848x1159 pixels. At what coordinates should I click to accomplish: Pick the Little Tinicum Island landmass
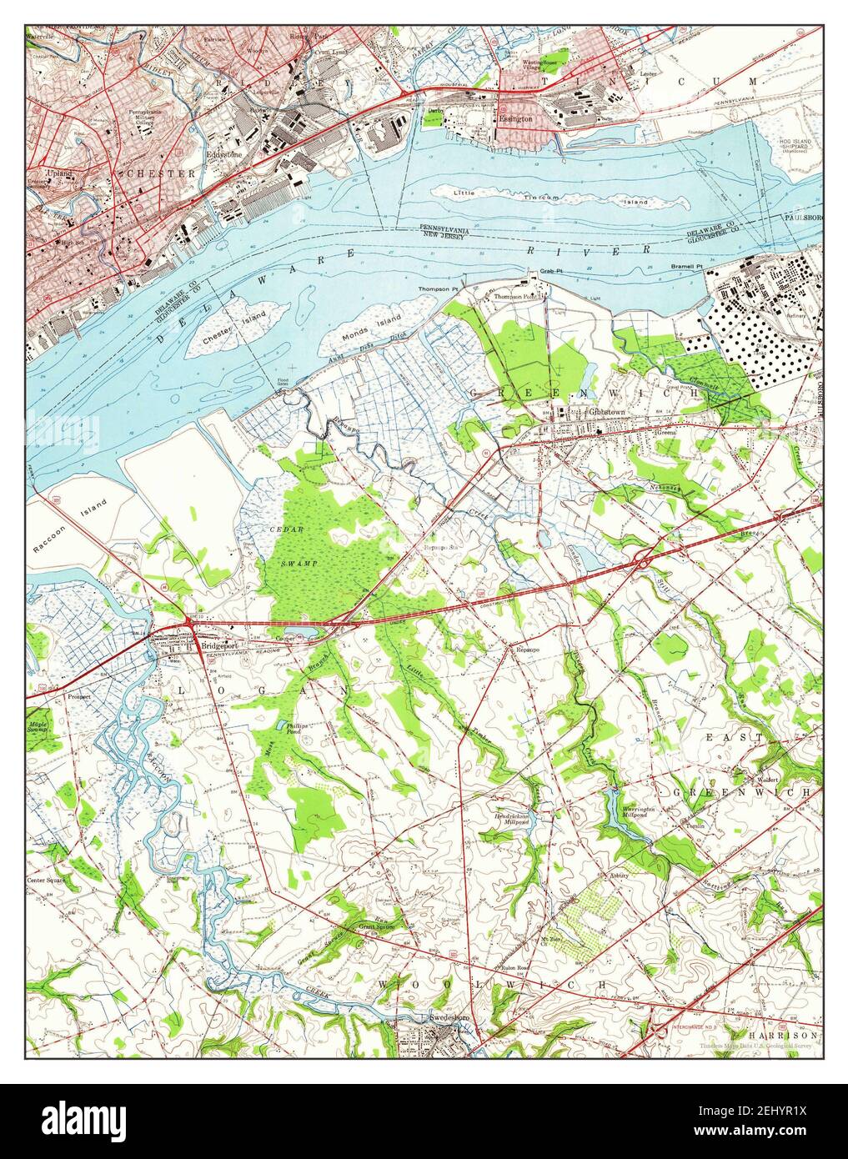tap(559, 198)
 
